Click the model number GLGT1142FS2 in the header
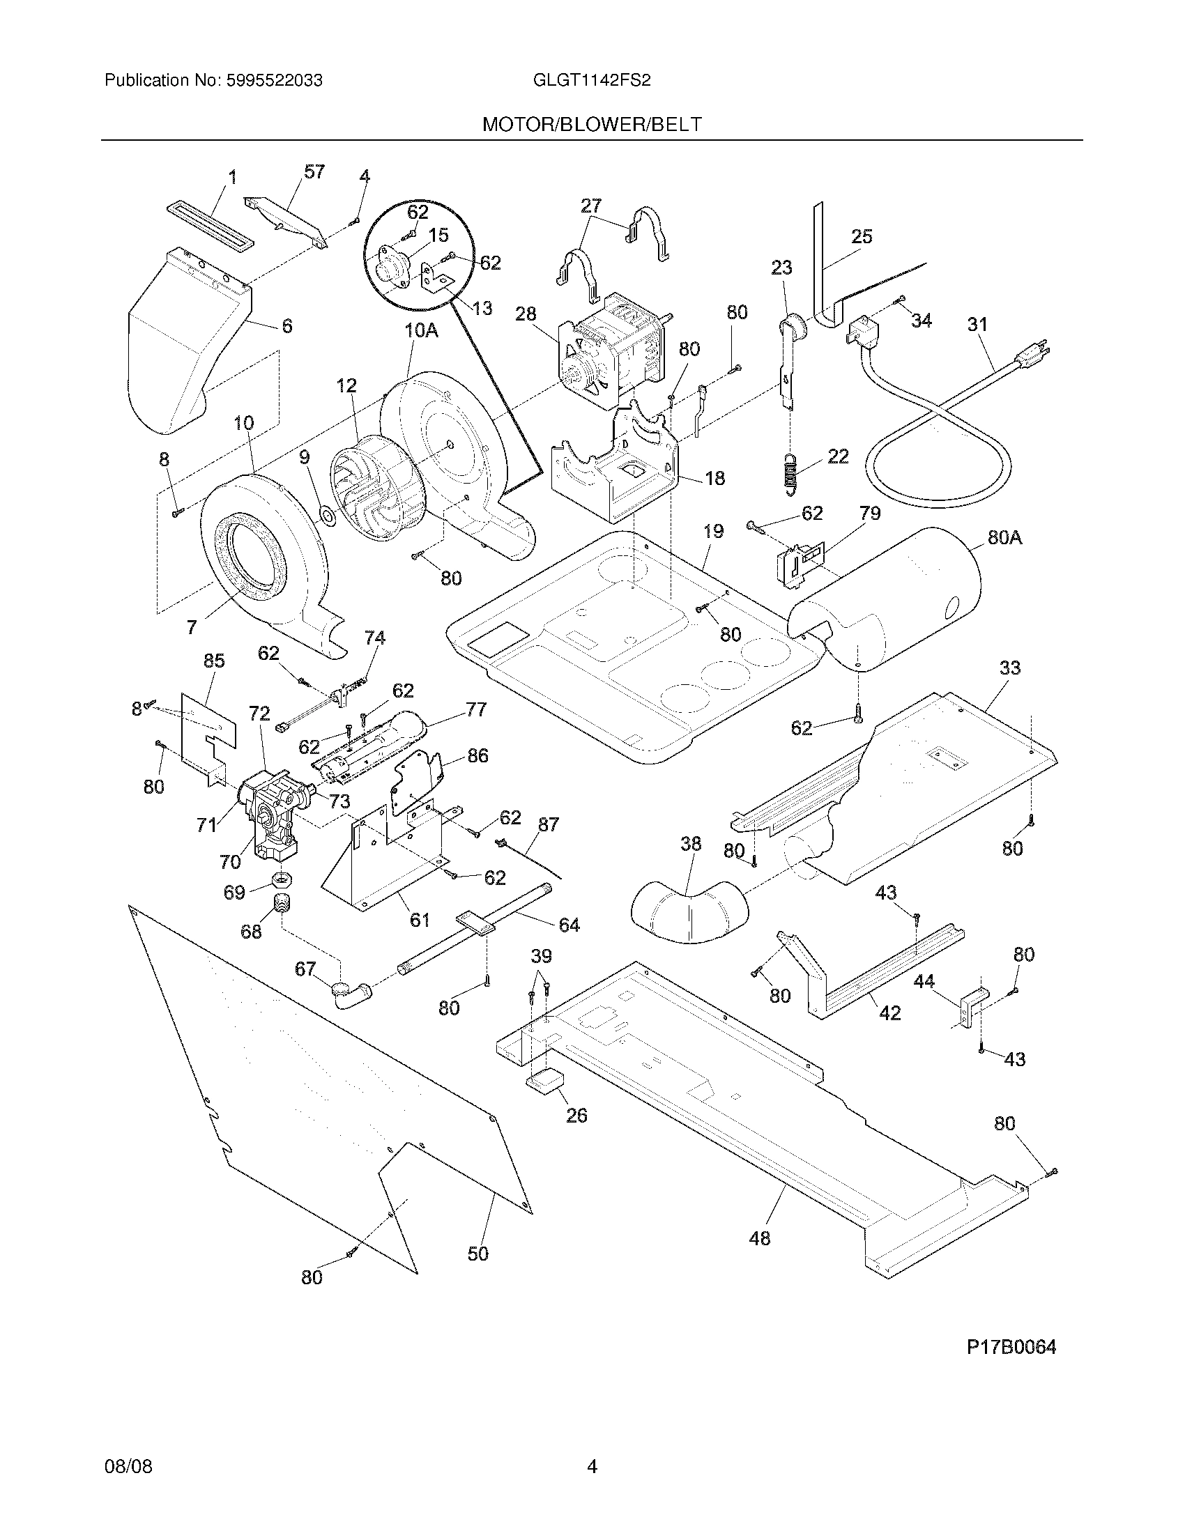[x=592, y=80]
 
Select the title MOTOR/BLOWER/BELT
[x=592, y=124]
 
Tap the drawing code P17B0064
[x=1011, y=1347]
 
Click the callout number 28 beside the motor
[x=525, y=314]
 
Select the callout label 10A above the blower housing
[x=421, y=330]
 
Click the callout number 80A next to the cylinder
[x=1004, y=538]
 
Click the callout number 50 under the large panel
[x=477, y=1254]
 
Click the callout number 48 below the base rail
[x=760, y=1238]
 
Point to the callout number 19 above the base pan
[x=713, y=532]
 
